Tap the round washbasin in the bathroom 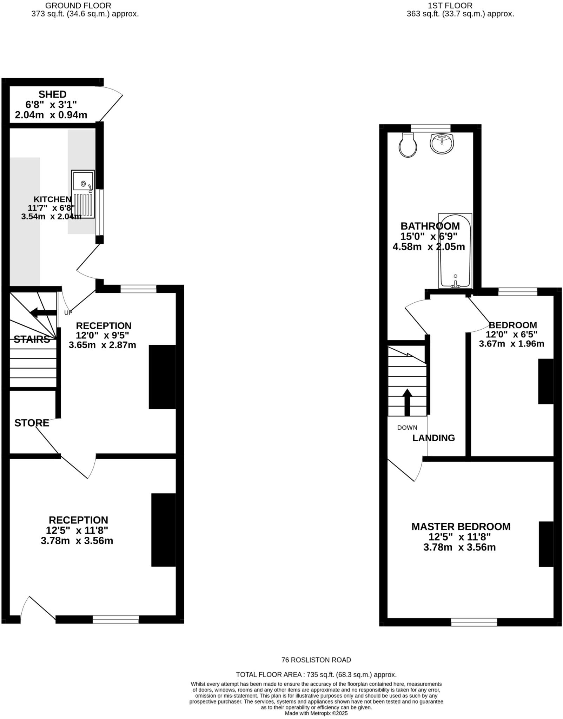coord(442,144)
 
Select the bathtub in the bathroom coord(455,251)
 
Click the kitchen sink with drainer coord(83,194)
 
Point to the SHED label coord(52,94)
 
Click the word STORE coord(32,423)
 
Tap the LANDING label coord(433,438)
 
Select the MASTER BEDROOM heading coord(461,527)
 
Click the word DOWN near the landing coord(407,428)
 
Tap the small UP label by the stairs coord(68,312)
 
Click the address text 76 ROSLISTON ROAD coord(316,660)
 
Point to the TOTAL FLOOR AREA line coord(316,674)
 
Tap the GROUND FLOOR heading coord(78,6)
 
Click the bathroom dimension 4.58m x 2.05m coord(429,246)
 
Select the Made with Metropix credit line coord(316,713)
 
